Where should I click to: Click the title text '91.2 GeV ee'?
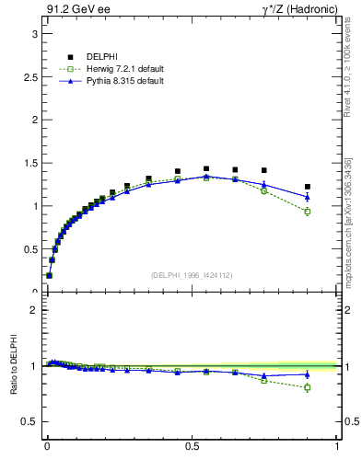(x=71, y=10)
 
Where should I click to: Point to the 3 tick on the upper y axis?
(x=35, y=33)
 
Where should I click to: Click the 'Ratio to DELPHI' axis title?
(x=13, y=365)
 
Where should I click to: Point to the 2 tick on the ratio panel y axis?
(x=35, y=310)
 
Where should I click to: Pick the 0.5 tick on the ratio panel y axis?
(x=30, y=421)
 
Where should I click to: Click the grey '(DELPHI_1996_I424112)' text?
(x=191, y=275)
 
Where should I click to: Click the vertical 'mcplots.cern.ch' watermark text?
(x=348, y=230)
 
